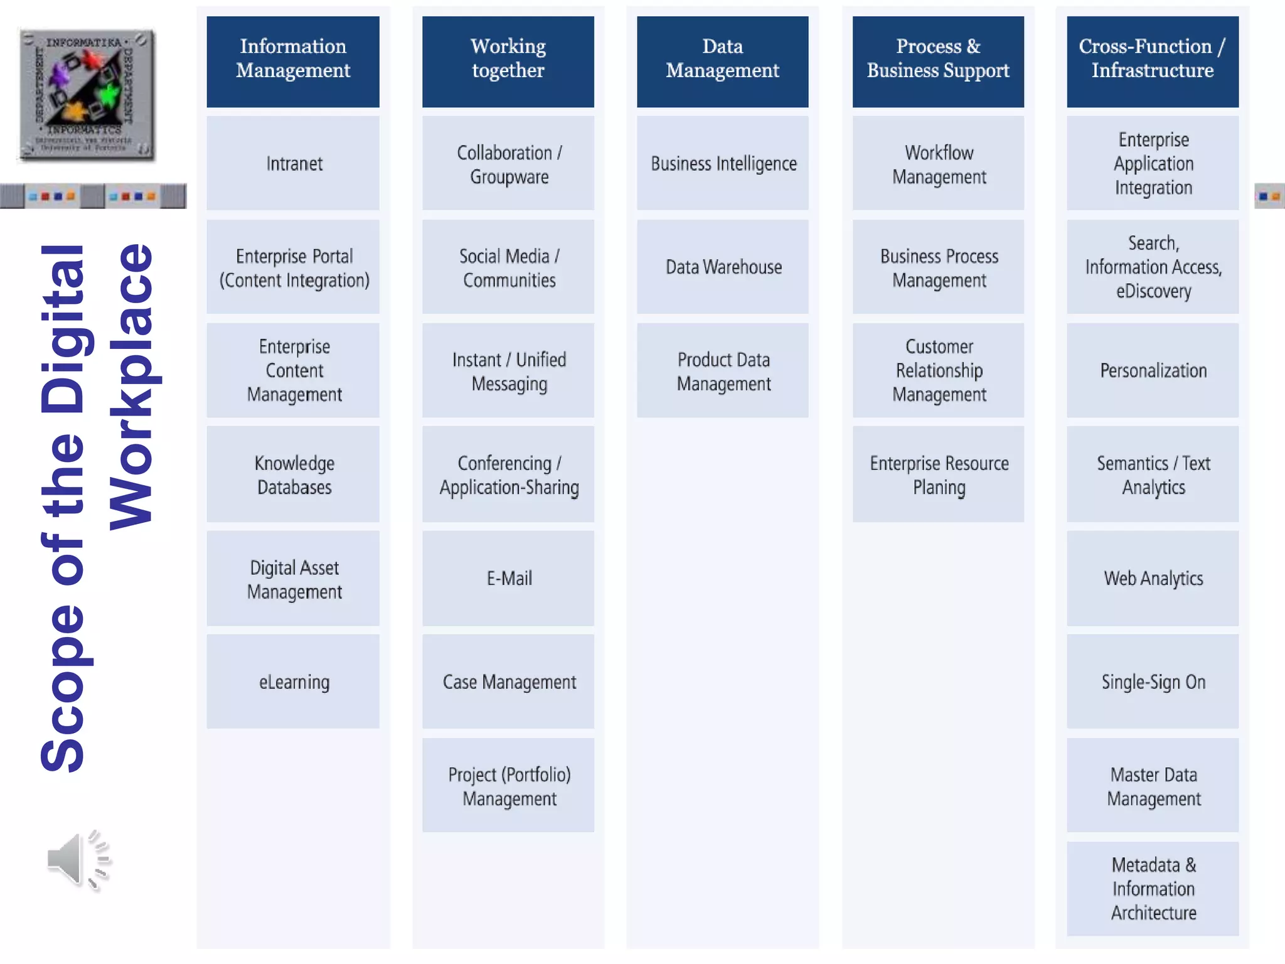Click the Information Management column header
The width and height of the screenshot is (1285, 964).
coord(293,61)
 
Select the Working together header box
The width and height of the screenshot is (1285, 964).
coord(508,61)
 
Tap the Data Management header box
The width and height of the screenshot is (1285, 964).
coord(723,61)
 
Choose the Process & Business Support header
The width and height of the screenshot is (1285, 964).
coord(938,61)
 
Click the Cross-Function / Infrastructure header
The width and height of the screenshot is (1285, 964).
coord(1153,61)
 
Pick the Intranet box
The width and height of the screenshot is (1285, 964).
coord(293,163)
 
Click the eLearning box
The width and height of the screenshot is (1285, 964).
coord(293,682)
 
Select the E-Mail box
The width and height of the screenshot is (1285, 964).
coord(508,578)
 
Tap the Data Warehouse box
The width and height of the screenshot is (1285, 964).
coord(723,267)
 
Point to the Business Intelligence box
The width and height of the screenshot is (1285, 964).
coord(723,163)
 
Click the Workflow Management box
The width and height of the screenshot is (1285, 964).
coord(938,163)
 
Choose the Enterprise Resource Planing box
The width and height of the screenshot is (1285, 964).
coord(938,474)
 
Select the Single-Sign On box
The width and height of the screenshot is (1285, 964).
coord(1153,682)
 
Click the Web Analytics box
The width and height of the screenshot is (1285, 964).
coord(1153,578)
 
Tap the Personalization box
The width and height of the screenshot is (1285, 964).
coord(1153,370)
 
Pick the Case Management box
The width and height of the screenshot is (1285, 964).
coord(508,682)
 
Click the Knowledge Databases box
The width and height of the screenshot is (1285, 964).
coord(293,474)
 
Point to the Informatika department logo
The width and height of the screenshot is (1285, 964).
coord(87,94)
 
